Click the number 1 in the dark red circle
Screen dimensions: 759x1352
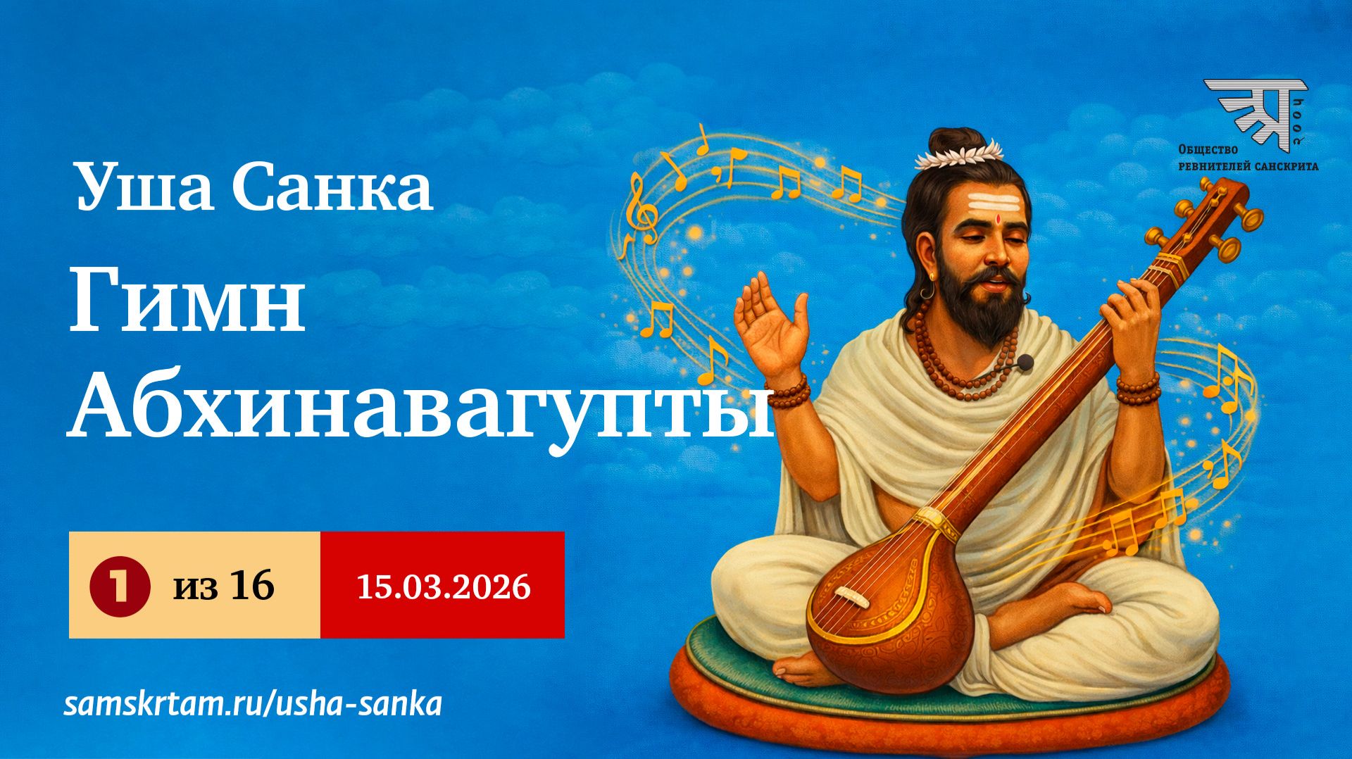coord(120,586)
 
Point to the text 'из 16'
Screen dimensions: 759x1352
coord(224,586)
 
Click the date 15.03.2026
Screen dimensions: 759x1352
coord(443,586)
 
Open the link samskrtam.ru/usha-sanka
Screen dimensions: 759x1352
coord(253,704)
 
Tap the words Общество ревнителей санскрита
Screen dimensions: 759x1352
coord(1248,158)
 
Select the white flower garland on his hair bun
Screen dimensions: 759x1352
coord(958,153)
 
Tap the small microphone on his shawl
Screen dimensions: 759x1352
coord(1025,363)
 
